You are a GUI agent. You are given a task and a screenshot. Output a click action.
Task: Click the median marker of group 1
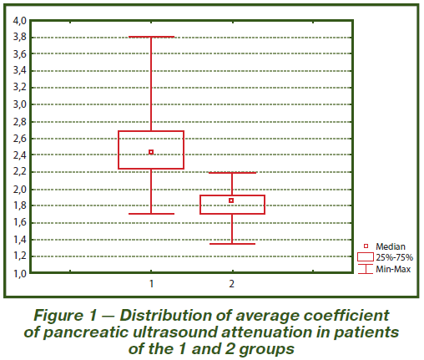151,152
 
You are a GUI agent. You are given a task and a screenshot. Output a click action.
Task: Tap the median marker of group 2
231,200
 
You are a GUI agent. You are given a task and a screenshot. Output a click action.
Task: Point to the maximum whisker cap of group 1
152,37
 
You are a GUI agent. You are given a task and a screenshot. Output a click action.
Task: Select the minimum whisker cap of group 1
152,214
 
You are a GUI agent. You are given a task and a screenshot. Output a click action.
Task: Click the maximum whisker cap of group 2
232,173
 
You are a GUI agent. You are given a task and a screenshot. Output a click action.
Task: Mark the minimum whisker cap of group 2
232,244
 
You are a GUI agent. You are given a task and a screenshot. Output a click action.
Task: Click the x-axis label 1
151,284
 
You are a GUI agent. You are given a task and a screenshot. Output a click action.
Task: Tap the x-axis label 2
232,284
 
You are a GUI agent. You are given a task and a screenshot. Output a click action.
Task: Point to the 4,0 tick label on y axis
19,21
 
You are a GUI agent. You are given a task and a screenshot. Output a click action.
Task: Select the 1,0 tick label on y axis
19,274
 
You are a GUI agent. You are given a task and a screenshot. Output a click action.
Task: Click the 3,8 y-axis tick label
19,37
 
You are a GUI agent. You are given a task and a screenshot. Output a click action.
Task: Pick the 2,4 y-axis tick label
19,155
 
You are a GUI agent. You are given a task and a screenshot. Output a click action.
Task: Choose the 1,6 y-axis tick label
19,222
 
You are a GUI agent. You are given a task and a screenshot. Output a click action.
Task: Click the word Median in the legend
391,246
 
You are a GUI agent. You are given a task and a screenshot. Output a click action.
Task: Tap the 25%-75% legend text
394,257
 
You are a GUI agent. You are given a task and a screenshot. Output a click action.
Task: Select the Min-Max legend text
393,269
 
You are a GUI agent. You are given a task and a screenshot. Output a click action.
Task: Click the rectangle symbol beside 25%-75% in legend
366,257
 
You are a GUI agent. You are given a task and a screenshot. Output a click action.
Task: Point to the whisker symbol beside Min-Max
366,269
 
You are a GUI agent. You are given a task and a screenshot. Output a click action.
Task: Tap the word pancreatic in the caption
85,332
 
